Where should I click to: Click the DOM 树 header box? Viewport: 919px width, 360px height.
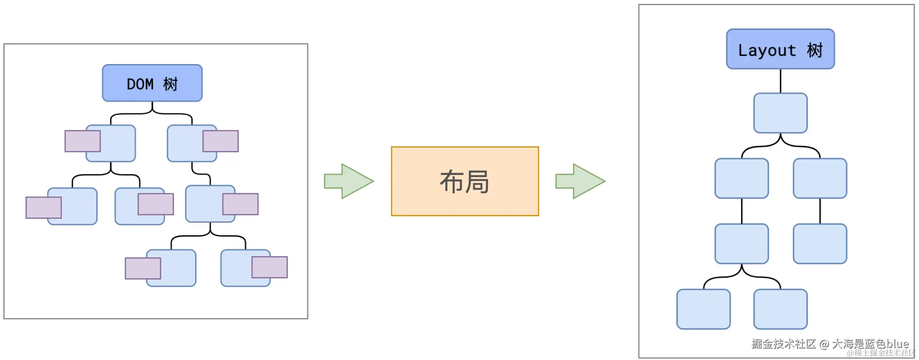pyautogui.click(x=152, y=83)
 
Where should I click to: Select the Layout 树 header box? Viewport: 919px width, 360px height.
pyautogui.click(x=780, y=49)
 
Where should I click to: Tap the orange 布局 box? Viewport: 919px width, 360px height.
pyautogui.click(x=465, y=181)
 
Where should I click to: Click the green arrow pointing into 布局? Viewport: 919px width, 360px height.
pyautogui.click(x=349, y=181)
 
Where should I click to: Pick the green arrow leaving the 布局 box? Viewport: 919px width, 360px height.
pyautogui.click(x=580, y=181)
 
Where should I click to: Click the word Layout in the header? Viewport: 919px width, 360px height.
pyautogui.click(x=767, y=51)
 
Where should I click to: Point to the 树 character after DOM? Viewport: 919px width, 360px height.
pyautogui.click(x=170, y=84)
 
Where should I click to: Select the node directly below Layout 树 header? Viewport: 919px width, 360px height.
pyautogui.click(x=780, y=113)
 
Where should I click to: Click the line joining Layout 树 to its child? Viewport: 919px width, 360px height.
pyautogui.click(x=780, y=81)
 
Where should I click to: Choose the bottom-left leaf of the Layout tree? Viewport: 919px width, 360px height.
pyautogui.click(x=703, y=309)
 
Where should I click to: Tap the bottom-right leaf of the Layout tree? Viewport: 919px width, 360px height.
pyautogui.click(x=780, y=309)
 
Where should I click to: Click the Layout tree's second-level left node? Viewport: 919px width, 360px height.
pyautogui.click(x=742, y=178)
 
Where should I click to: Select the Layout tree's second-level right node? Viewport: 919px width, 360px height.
pyautogui.click(x=820, y=178)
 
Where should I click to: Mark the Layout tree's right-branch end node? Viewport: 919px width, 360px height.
pyautogui.click(x=820, y=244)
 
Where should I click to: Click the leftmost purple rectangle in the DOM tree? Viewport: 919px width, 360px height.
pyautogui.click(x=43, y=208)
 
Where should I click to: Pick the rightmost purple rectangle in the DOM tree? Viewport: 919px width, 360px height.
pyautogui.click(x=270, y=267)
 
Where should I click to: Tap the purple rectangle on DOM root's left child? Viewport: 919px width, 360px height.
pyautogui.click(x=82, y=141)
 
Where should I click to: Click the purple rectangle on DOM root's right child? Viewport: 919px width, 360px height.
pyautogui.click(x=221, y=141)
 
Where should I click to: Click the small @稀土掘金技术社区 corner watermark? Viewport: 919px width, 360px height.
pyautogui.click(x=881, y=353)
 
